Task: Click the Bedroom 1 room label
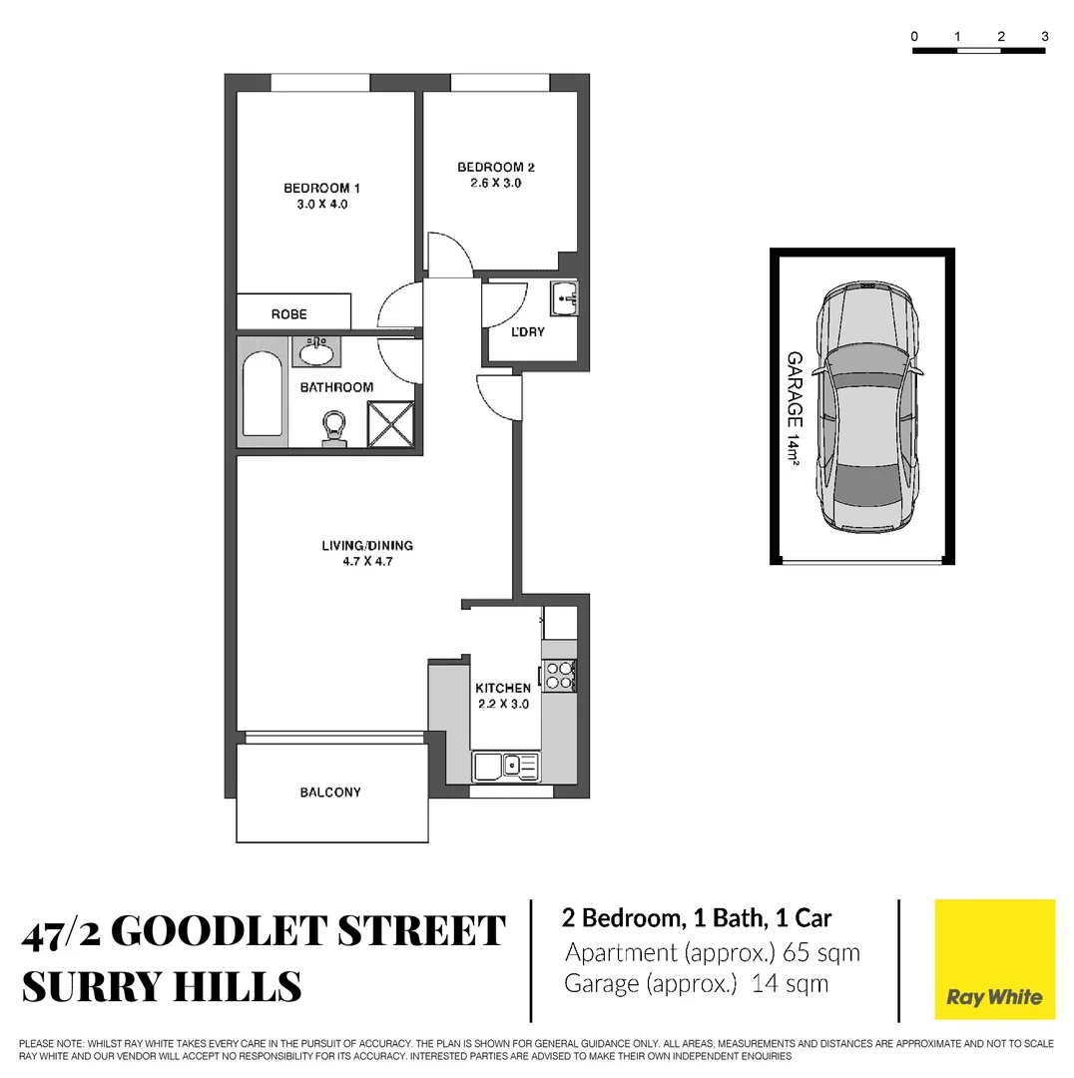point(321,188)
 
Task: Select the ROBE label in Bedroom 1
point(289,314)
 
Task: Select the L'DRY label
point(527,331)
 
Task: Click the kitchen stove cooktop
point(559,676)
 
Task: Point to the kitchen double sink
point(506,767)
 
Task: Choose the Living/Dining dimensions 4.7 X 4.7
point(366,562)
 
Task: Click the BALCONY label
point(330,793)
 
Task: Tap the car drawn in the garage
point(865,409)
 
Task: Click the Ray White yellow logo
point(994,959)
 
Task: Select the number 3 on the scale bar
point(1044,37)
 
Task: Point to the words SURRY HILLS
point(162,986)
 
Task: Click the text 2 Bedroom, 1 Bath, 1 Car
point(698,918)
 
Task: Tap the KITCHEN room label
point(503,688)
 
